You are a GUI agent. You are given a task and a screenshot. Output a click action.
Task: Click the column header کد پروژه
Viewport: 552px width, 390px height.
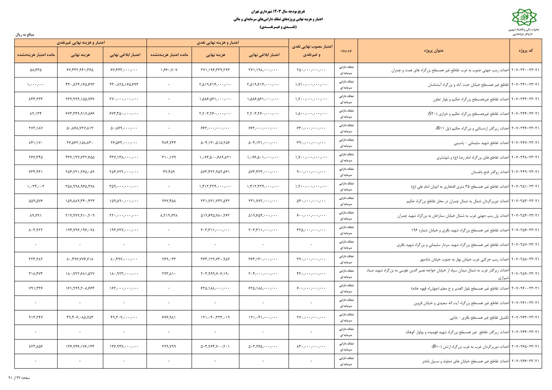(525, 50)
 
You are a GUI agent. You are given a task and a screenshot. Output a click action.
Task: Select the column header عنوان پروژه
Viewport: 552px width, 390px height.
(434, 50)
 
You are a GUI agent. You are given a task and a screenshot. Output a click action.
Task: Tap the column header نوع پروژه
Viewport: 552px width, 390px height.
(346, 51)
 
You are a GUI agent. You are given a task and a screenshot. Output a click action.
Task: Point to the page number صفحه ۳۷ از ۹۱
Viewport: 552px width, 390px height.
(19, 378)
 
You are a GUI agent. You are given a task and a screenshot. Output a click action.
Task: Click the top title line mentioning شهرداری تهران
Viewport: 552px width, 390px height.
(277, 11)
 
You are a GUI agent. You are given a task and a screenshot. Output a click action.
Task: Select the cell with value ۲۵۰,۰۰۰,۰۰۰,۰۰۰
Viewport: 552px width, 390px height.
(311, 70)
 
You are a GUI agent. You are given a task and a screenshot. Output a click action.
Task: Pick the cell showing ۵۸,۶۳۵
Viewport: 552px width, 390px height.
(36, 70)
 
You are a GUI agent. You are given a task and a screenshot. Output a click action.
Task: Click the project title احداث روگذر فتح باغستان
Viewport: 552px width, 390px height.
(490, 172)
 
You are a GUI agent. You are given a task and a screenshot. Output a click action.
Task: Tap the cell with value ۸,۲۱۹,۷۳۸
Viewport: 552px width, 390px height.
(169, 216)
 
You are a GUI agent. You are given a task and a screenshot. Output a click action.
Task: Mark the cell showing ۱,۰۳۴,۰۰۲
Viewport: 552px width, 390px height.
(36, 186)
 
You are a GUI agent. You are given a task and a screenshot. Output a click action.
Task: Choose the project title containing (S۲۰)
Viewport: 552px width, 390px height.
(468, 114)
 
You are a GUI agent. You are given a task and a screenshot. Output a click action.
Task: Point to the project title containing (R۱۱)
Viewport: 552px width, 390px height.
(472, 128)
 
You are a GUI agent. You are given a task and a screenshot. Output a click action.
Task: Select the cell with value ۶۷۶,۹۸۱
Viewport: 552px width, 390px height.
(169, 317)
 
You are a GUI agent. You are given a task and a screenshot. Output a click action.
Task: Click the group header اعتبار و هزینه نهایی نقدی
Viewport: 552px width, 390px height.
(217, 43)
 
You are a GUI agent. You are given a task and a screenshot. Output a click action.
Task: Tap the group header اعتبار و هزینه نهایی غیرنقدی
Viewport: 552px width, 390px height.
(81, 43)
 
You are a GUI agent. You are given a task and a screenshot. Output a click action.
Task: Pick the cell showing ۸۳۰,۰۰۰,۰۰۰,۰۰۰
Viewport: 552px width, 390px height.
(311, 346)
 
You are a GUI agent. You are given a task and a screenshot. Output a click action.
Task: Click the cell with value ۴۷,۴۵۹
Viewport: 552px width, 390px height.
(169, 172)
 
